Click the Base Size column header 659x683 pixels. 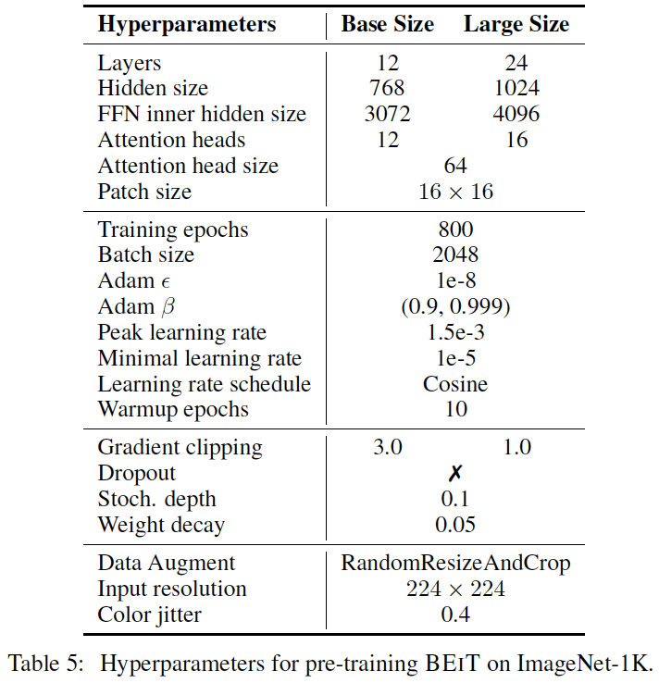(387, 25)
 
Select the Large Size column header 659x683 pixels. (516, 25)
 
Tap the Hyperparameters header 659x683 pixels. (187, 25)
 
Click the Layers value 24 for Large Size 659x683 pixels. (516, 64)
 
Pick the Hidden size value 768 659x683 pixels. (387, 89)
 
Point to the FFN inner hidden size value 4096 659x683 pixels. (516, 115)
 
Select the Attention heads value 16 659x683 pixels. (516, 140)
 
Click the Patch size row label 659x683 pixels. (144, 192)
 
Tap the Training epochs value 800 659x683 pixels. (455, 230)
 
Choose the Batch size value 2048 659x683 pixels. (455, 255)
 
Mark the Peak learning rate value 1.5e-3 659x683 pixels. (455, 332)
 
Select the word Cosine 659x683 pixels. (455, 383)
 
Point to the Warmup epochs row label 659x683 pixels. (173, 408)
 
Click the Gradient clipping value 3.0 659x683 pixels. (387, 447)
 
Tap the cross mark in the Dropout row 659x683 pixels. (455, 473)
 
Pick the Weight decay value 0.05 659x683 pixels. (455, 525)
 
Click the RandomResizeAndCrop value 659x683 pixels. (455, 563)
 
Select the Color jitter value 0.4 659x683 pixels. (455, 614)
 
